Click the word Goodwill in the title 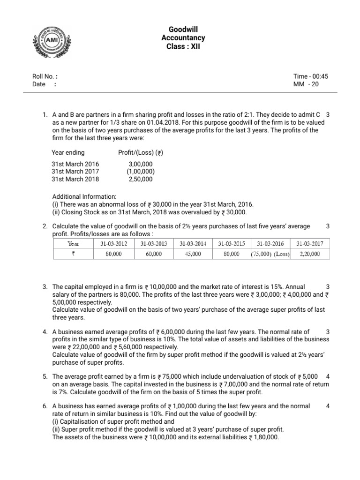tap(186, 30)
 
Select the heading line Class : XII tap(186, 47)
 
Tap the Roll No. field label tap(45, 76)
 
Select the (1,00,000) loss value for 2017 tap(140, 172)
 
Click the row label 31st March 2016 tap(75, 164)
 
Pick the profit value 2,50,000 tap(140, 179)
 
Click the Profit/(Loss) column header tap(141, 152)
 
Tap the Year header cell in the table tap(74, 244)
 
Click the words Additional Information tap(80, 197)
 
